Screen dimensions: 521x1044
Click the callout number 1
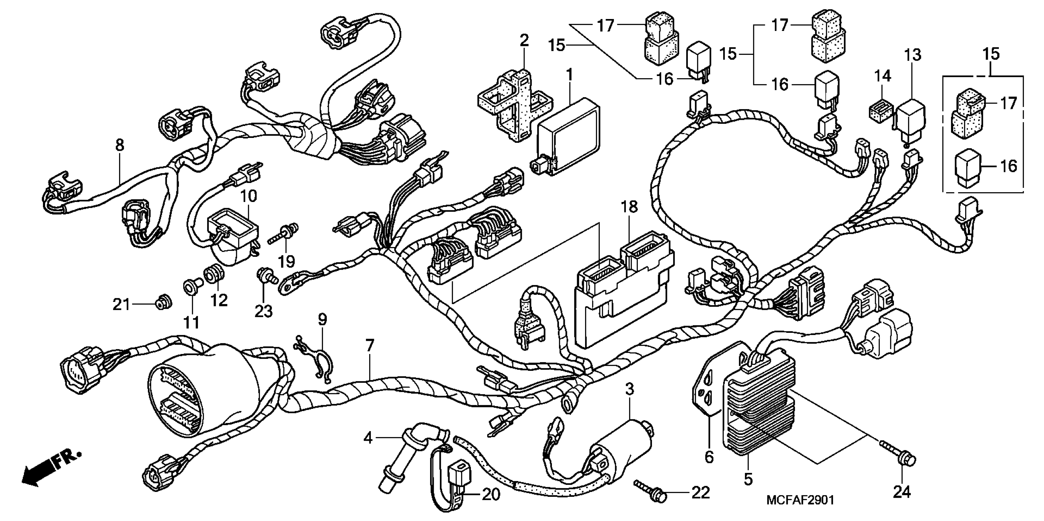pyautogui.click(x=569, y=75)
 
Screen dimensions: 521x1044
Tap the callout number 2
pyautogui.click(x=524, y=40)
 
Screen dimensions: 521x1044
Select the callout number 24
pyautogui.click(x=902, y=492)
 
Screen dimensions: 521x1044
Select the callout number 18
pyautogui.click(x=630, y=207)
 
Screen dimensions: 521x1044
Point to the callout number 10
pyautogui.click(x=249, y=197)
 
